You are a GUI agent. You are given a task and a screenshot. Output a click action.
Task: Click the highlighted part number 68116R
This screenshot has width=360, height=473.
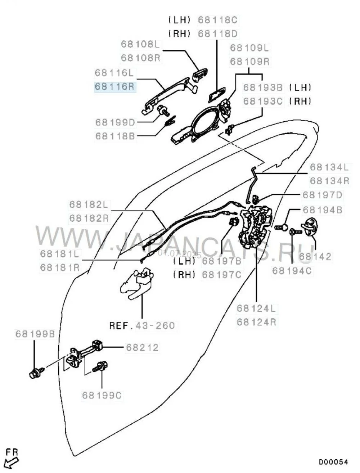click(115, 87)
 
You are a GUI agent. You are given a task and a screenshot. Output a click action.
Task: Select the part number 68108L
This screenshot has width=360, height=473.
click(141, 44)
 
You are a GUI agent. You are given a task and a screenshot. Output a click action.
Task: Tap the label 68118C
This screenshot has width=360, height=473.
click(218, 20)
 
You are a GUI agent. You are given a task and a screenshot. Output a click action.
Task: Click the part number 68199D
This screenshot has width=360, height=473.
click(115, 122)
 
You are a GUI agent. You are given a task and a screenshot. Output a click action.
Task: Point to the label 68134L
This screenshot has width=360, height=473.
click(329, 167)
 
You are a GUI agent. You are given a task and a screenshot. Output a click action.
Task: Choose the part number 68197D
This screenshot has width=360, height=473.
click(323, 195)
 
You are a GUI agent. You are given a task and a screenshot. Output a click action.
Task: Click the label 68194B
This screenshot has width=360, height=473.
click(323, 210)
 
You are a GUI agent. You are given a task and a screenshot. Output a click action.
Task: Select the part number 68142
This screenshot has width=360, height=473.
click(315, 256)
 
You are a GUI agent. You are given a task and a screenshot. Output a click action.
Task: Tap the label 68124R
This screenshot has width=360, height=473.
click(256, 321)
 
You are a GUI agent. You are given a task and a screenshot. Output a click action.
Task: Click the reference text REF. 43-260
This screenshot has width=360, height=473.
click(142, 326)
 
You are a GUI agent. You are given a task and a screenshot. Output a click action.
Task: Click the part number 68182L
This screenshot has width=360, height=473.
click(89, 204)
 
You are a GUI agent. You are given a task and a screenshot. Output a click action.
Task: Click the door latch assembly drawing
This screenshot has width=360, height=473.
click(257, 227)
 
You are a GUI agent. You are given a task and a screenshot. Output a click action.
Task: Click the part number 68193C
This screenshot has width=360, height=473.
click(264, 101)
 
